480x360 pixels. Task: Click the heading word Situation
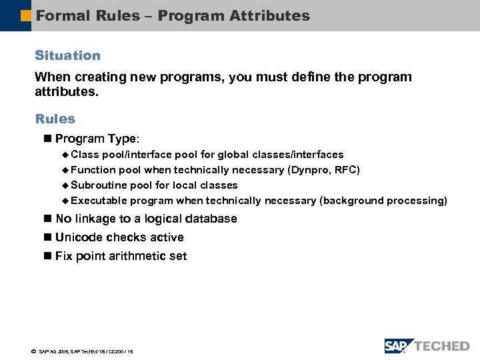pos(67,55)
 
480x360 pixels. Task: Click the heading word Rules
pos(55,119)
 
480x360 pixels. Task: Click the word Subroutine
pos(99,185)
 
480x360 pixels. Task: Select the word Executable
pos(99,200)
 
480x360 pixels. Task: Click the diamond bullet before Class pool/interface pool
pos(65,155)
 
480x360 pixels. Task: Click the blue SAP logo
pos(399,345)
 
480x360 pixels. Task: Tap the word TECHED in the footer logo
pos(443,346)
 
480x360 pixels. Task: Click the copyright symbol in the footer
pos(33,351)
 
